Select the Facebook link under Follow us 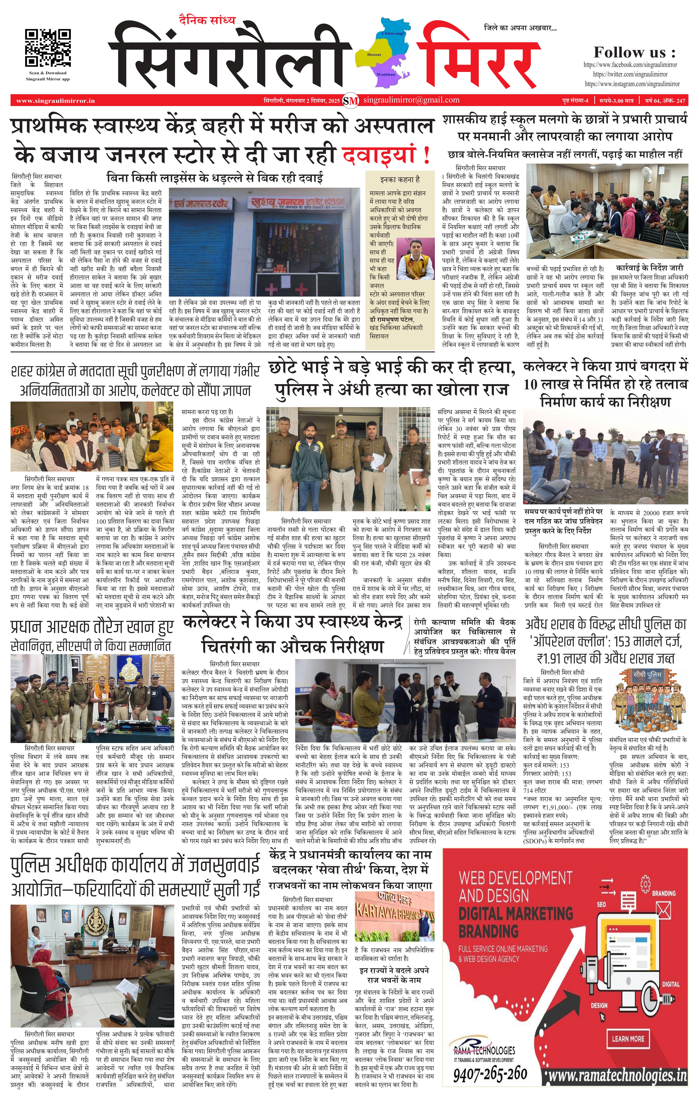(630, 65)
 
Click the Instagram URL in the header (632, 84)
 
